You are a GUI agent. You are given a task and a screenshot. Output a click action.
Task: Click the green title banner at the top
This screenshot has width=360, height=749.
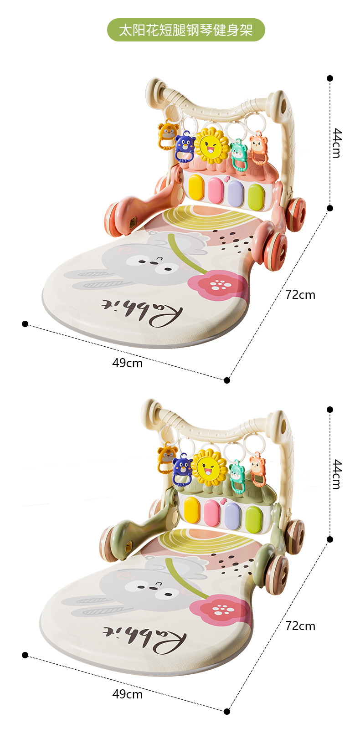(185, 30)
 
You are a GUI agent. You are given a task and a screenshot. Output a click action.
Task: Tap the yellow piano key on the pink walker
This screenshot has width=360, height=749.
(196, 189)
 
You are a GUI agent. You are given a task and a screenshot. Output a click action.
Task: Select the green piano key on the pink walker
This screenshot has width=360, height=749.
(256, 196)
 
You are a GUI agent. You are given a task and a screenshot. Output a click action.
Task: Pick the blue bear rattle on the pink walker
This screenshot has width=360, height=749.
(185, 147)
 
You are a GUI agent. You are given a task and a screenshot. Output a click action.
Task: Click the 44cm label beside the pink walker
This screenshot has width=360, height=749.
(336, 143)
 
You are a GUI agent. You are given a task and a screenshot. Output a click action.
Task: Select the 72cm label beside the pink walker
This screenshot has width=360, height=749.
(300, 295)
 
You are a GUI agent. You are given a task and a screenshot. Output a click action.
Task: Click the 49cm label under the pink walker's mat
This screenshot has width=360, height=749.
(127, 363)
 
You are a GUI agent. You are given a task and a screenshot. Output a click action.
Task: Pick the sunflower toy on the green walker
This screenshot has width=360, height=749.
(209, 467)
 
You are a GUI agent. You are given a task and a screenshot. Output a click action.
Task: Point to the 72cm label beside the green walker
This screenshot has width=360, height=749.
(300, 626)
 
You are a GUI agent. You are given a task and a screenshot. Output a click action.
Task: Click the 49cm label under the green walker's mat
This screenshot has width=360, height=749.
(127, 694)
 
